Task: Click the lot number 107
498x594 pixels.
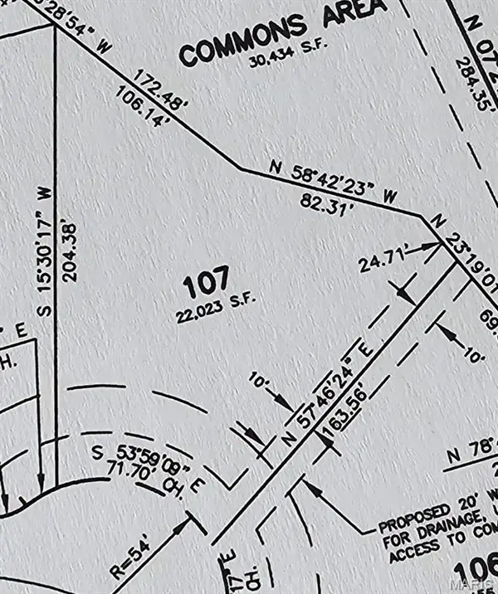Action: (x=205, y=287)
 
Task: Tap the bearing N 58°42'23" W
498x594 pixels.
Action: (x=336, y=180)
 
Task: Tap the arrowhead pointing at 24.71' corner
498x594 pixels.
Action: (x=434, y=245)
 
